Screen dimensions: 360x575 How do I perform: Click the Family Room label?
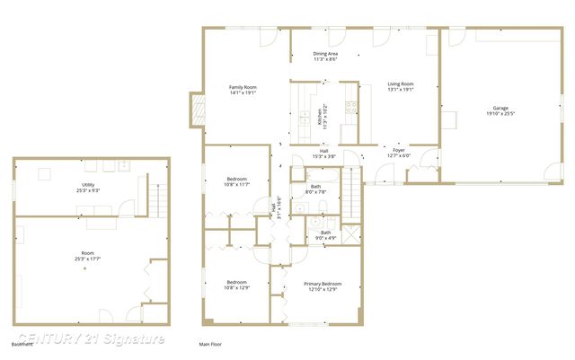point(243,87)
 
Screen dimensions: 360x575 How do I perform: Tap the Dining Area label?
point(325,54)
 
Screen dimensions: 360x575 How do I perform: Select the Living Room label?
point(400,84)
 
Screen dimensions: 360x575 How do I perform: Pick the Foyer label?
point(398,151)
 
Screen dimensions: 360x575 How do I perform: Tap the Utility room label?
point(88,185)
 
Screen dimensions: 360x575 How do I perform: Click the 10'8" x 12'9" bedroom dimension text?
point(236,288)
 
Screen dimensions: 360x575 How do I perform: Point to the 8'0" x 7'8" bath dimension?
point(316,191)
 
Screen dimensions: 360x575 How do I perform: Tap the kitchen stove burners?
point(351,107)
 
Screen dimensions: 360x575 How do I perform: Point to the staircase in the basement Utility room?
point(157,197)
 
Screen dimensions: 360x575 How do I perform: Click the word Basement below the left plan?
point(22,344)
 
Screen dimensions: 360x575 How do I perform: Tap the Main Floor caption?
point(210,344)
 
